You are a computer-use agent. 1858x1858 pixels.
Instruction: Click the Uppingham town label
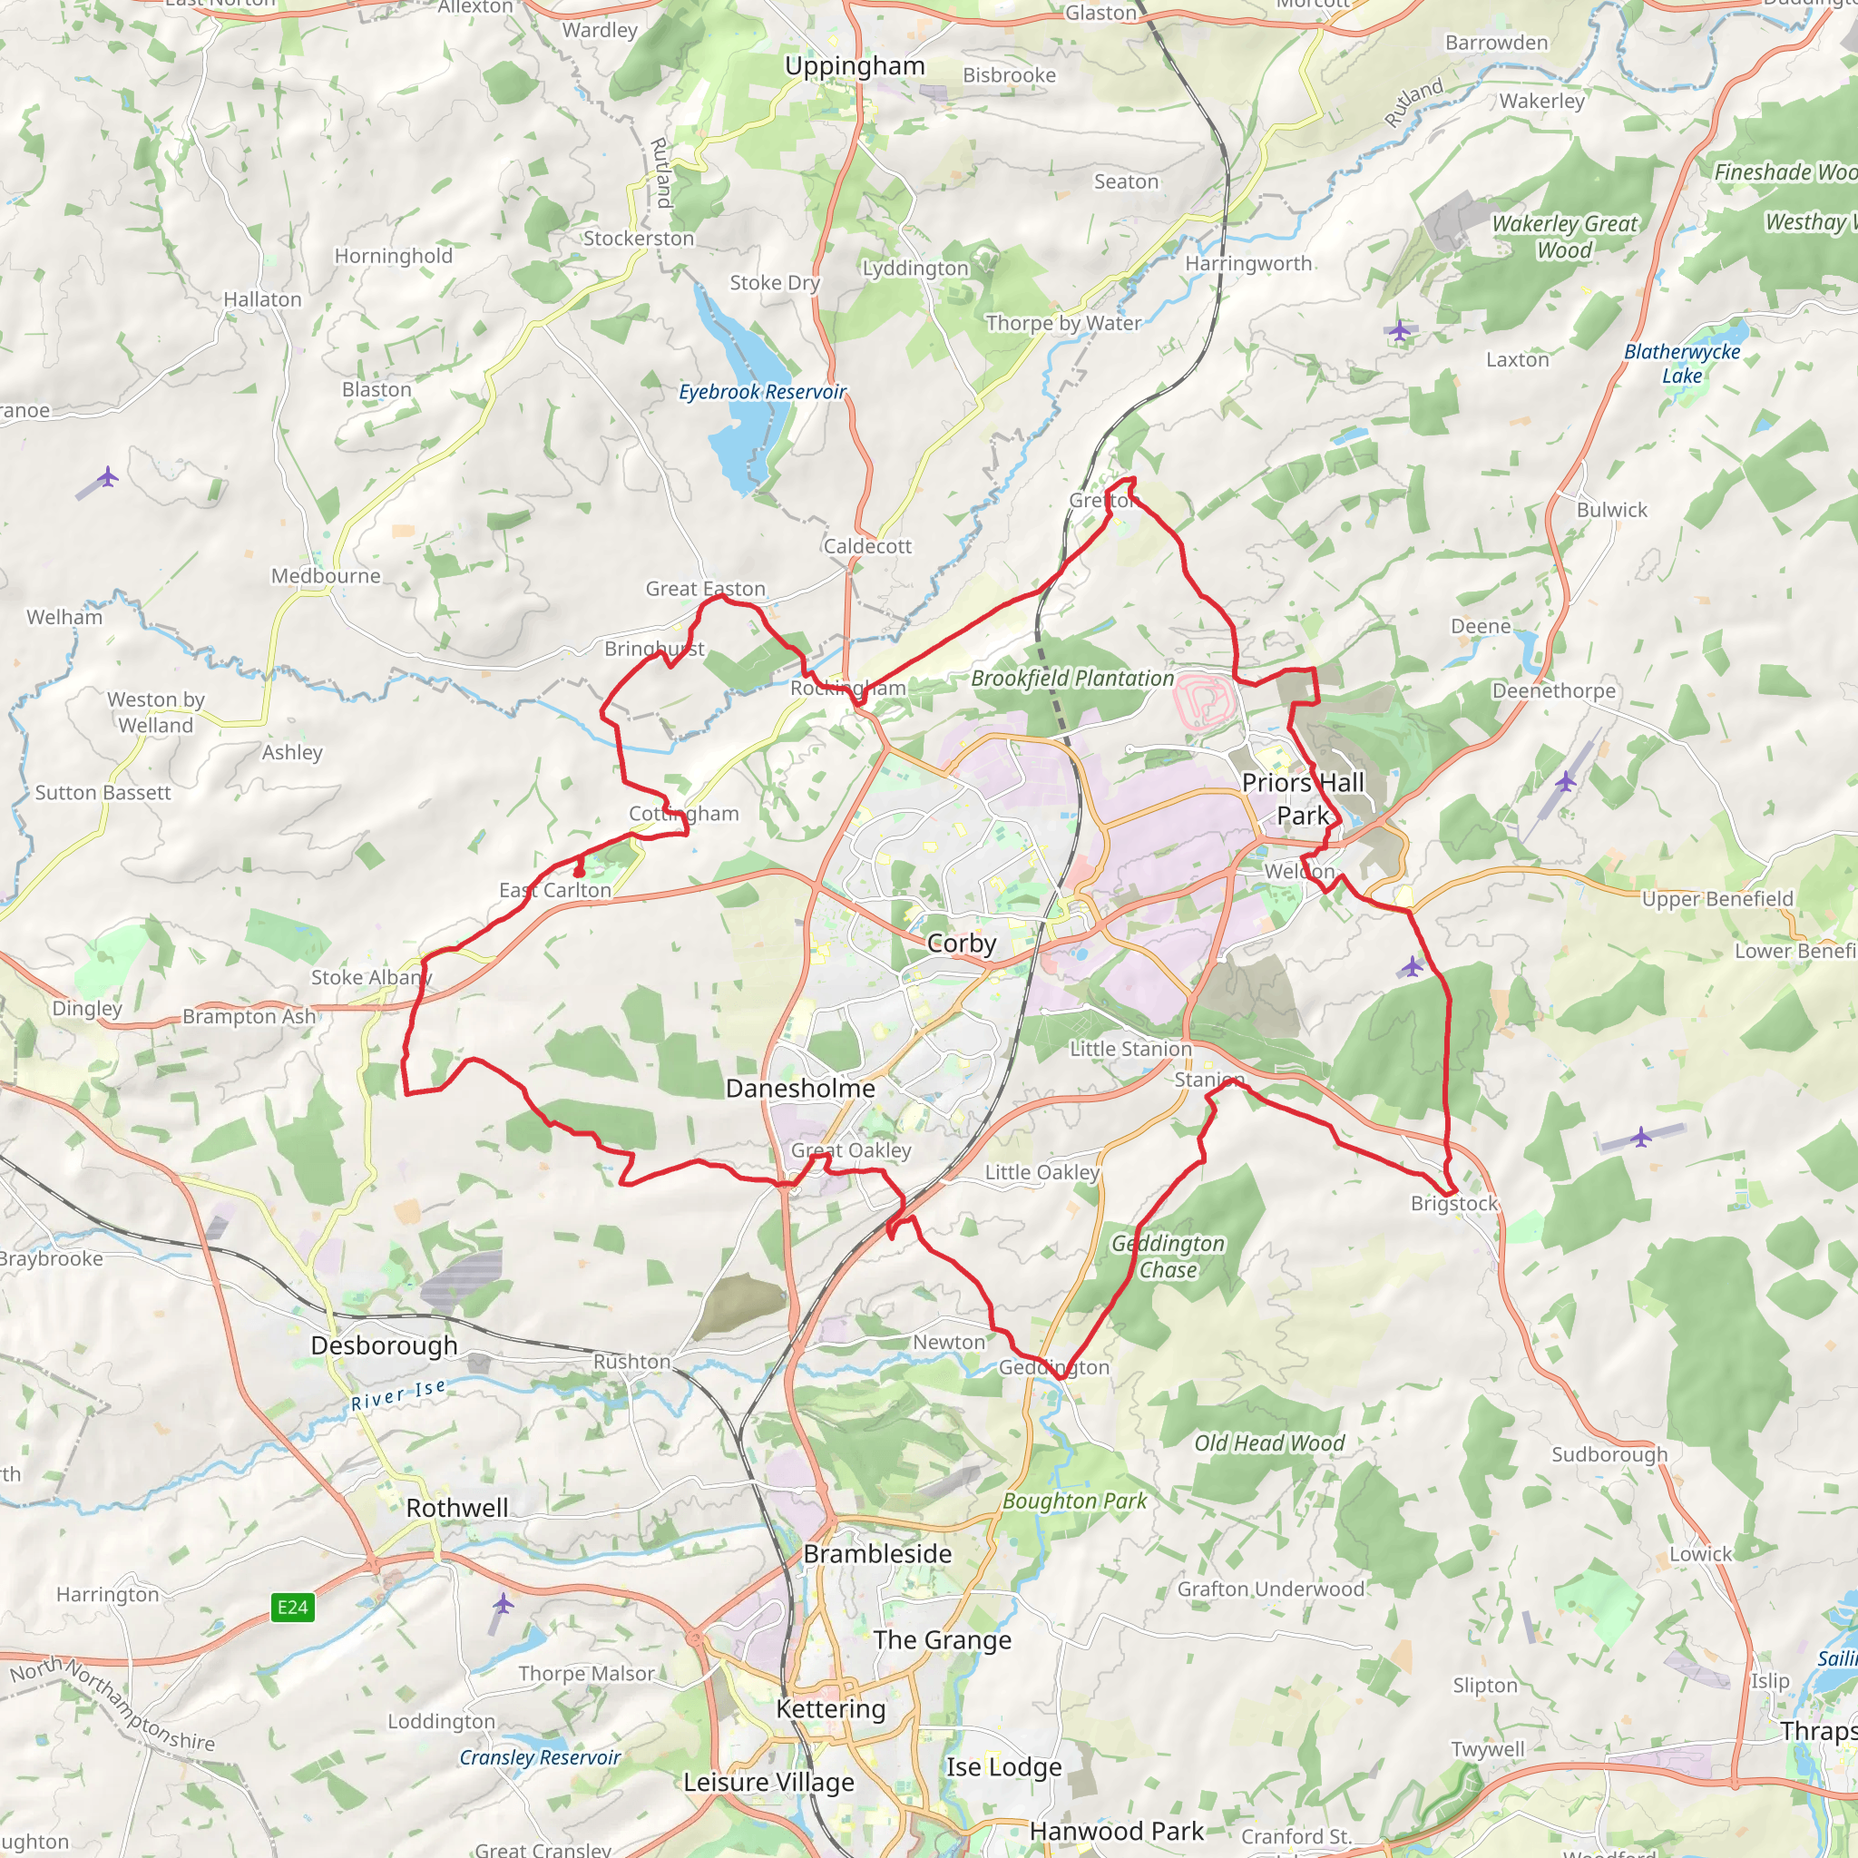[x=854, y=66]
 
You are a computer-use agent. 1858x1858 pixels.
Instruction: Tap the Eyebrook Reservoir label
[x=762, y=391]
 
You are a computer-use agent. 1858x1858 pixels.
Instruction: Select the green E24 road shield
[x=292, y=1607]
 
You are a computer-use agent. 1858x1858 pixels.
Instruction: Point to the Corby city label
[x=961, y=944]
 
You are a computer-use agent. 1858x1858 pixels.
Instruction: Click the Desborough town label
[x=384, y=1345]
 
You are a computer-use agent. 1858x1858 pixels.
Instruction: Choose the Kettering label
[x=830, y=1709]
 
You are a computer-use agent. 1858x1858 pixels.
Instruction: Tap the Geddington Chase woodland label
[x=1168, y=1257]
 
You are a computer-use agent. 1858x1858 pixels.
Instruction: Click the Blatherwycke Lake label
[x=1682, y=364]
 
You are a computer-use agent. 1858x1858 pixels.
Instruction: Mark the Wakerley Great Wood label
[x=1564, y=237]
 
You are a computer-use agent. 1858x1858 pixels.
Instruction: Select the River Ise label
[x=398, y=1394]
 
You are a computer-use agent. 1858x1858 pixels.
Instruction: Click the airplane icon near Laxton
[x=1399, y=332]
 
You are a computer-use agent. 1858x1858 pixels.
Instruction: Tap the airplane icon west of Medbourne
[x=108, y=476]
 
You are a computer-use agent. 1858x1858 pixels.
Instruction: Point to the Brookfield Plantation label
[x=1072, y=678]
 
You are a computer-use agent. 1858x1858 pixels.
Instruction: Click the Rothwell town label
[x=457, y=1508]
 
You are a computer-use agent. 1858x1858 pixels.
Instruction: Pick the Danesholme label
[x=800, y=1089]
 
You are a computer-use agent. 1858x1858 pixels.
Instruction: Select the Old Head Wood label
[x=1269, y=1443]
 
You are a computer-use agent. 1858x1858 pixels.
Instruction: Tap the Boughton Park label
[x=1074, y=1501]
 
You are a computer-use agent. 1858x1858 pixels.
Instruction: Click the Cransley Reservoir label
[x=540, y=1758]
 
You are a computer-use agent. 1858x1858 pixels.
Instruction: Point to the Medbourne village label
[x=325, y=576]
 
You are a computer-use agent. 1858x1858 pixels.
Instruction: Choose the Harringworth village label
[x=1247, y=263]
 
